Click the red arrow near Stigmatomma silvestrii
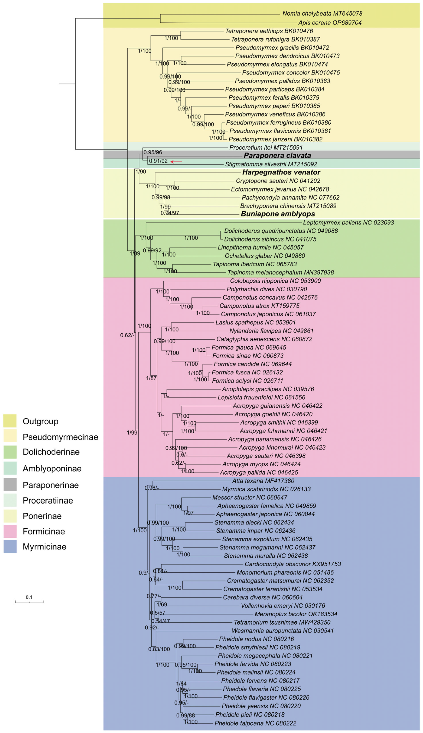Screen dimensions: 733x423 (176, 162)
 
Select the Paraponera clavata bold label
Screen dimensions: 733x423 (277, 156)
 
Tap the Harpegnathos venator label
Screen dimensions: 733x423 (281, 172)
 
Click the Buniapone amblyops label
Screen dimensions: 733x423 (278, 214)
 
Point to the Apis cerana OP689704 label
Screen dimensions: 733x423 (330, 23)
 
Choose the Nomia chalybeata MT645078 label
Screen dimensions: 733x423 (322, 13)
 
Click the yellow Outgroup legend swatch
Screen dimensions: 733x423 (10, 421)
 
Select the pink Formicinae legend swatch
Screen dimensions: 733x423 (10, 531)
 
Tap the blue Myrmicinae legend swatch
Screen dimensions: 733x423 (10, 547)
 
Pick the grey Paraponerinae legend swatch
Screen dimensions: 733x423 (10, 485)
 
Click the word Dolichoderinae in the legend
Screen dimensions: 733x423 (51, 452)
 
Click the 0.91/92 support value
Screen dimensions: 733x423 (158, 161)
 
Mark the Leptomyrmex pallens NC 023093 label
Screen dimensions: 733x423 (348, 222)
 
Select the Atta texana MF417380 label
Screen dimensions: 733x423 (263, 481)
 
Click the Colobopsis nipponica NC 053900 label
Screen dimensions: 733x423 (275, 281)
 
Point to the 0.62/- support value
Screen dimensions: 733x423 (127, 335)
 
